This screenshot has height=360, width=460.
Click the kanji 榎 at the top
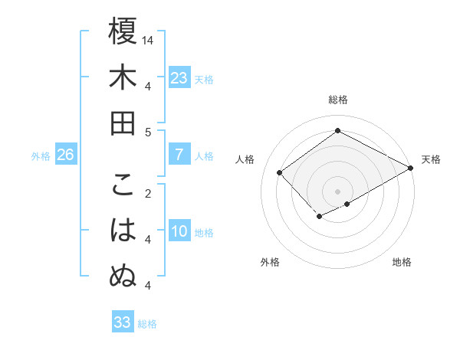(x=123, y=31)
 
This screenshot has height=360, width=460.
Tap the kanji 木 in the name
(x=123, y=77)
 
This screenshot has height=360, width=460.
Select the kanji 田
(x=123, y=123)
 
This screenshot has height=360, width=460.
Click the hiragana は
(x=123, y=231)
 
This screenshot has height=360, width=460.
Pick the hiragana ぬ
(x=123, y=277)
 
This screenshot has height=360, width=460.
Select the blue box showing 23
(x=179, y=77)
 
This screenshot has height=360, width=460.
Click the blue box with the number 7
(x=179, y=155)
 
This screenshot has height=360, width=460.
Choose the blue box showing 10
(x=179, y=232)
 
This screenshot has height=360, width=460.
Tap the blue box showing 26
(x=65, y=155)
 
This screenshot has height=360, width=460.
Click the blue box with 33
(x=123, y=322)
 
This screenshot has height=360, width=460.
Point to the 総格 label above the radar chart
(x=338, y=100)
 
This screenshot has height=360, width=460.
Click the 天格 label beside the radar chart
(x=431, y=159)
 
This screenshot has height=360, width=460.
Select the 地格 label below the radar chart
(x=402, y=262)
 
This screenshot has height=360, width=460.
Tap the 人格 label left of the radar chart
(x=245, y=159)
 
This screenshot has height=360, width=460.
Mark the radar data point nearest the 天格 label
(x=411, y=169)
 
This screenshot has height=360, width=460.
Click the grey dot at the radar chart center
(x=338, y=191)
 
